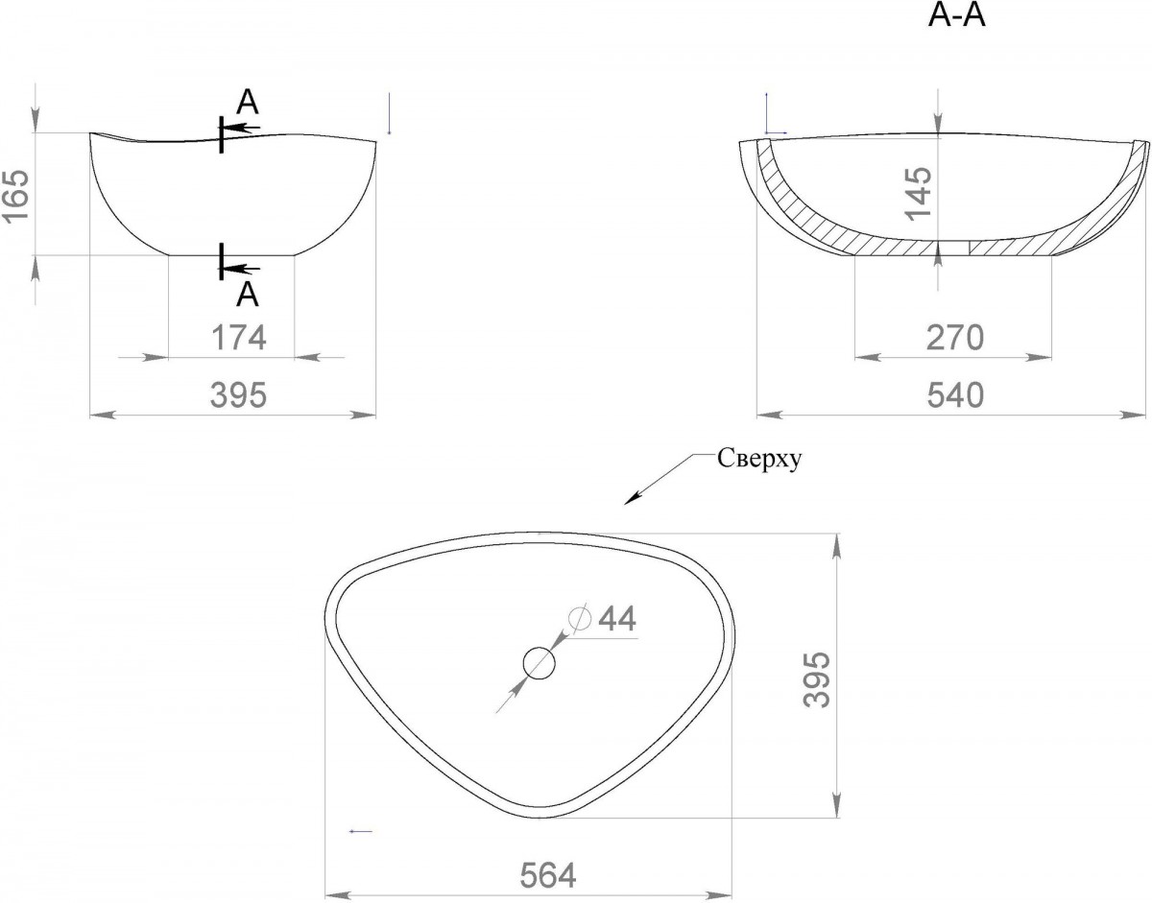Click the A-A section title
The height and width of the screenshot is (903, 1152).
click(x=956, y=16)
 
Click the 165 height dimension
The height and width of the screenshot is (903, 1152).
click(x=16, y=195)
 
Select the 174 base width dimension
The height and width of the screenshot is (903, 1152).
click(x=239, y=338)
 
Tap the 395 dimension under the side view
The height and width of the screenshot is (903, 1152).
click(x=239, y=394)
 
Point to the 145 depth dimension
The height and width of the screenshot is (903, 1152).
click(x=918, y=193)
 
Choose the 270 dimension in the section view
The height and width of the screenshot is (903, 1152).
click(x=955, y=338)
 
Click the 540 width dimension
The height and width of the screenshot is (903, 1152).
click(x=955, y=395)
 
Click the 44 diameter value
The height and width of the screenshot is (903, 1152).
click(x=616, y=618)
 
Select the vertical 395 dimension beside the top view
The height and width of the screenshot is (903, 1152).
click(x=816, y=679)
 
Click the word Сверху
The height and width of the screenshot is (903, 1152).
click(x=759, y=459)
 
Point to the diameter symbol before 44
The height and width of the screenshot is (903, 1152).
click(x=579, y=618)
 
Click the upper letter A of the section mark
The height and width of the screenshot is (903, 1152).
click(x=248, y=103)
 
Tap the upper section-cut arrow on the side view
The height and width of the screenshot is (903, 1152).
click(x=241, y=128)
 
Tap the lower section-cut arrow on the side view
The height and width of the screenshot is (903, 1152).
click(x=241, y=269)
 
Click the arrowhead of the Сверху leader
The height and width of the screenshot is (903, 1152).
click(x=632, y=499)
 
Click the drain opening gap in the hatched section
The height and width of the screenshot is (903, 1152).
click(x=953, y=248)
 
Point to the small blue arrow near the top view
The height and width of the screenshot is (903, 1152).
click(x=361, y=831)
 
